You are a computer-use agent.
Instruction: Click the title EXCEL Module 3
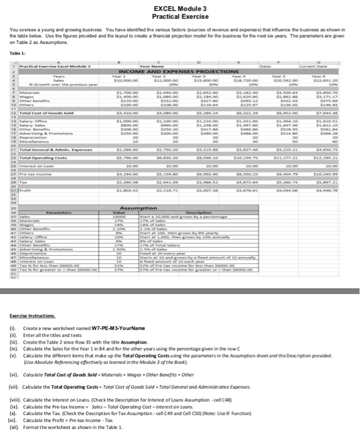point(179,8)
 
